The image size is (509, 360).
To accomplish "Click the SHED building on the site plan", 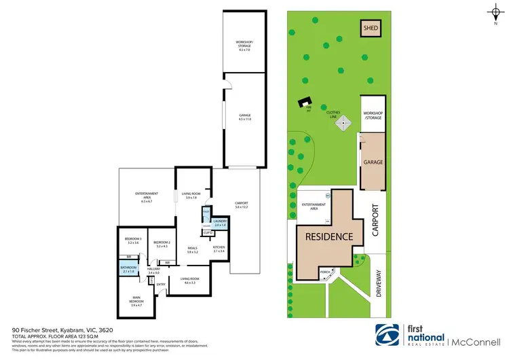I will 370,29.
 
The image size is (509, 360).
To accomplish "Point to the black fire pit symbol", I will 302,102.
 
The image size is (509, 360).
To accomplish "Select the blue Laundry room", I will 219,223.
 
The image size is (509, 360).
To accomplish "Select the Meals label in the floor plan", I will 193,249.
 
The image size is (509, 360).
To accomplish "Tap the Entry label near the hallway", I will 161,284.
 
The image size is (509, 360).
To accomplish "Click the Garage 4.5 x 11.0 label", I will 244,117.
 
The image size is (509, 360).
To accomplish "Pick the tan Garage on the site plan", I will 373,162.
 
